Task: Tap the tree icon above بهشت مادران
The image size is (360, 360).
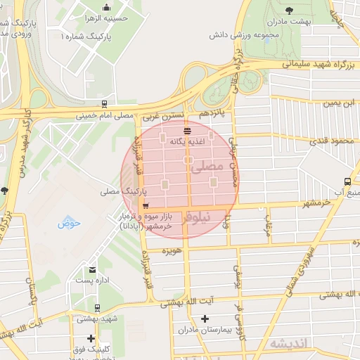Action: [x=290, y=10]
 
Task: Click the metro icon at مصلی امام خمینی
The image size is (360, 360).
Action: [x=104, y=103]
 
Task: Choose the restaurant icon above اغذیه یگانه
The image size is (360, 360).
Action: [x=187, y=131]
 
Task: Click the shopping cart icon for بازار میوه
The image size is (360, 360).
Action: [x=146, y=206]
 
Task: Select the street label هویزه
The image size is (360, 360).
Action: [x=172, y=250]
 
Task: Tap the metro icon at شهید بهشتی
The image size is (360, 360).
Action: [x=96, y=307]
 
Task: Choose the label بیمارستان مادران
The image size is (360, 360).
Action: [x=205, y=329]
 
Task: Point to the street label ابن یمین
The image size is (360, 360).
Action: [x=336, y=103]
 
